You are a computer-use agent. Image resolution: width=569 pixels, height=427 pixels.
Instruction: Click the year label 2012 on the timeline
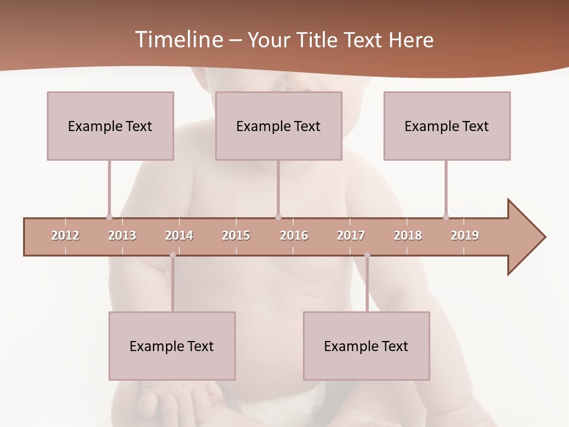[x=65, y=235]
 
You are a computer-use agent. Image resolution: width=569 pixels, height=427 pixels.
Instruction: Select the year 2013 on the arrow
[x=122, y=235]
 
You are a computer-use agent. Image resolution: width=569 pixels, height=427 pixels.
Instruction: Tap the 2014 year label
[x=179, y=235]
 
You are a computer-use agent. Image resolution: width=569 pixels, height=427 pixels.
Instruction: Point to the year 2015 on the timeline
[x=236, y=235]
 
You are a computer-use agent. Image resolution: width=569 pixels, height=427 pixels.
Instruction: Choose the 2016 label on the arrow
[x=294, y=235]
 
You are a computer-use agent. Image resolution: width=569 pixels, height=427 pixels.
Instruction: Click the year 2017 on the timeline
[x=351, y=235]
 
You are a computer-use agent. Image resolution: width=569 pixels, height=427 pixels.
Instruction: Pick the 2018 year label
[x=408, y=235]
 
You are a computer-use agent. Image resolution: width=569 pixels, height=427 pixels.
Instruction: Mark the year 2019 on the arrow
[x=465, y=235]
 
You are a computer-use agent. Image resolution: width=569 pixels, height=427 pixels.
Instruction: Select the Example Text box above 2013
[x=110, y=126]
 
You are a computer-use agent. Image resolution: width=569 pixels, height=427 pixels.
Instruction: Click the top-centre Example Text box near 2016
[x=279, y=126]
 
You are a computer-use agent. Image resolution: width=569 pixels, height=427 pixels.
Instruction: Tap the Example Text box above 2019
[x=447, y=126]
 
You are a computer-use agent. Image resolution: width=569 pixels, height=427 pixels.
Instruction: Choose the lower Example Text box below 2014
[x=172, y=346]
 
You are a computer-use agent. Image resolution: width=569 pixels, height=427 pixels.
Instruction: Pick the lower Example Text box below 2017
[x=366, y=346]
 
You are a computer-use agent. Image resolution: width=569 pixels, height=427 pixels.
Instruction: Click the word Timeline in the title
[x=177, y=40]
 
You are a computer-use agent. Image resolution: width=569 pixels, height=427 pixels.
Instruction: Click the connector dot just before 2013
[x=109, y=217]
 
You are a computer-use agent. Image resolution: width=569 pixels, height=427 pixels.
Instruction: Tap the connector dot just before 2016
[x=278, y=217]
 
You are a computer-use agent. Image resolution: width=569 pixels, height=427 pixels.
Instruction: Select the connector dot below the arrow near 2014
[x=172, y=255]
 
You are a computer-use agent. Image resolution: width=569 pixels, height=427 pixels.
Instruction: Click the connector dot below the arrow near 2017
[x=367, y=255]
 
